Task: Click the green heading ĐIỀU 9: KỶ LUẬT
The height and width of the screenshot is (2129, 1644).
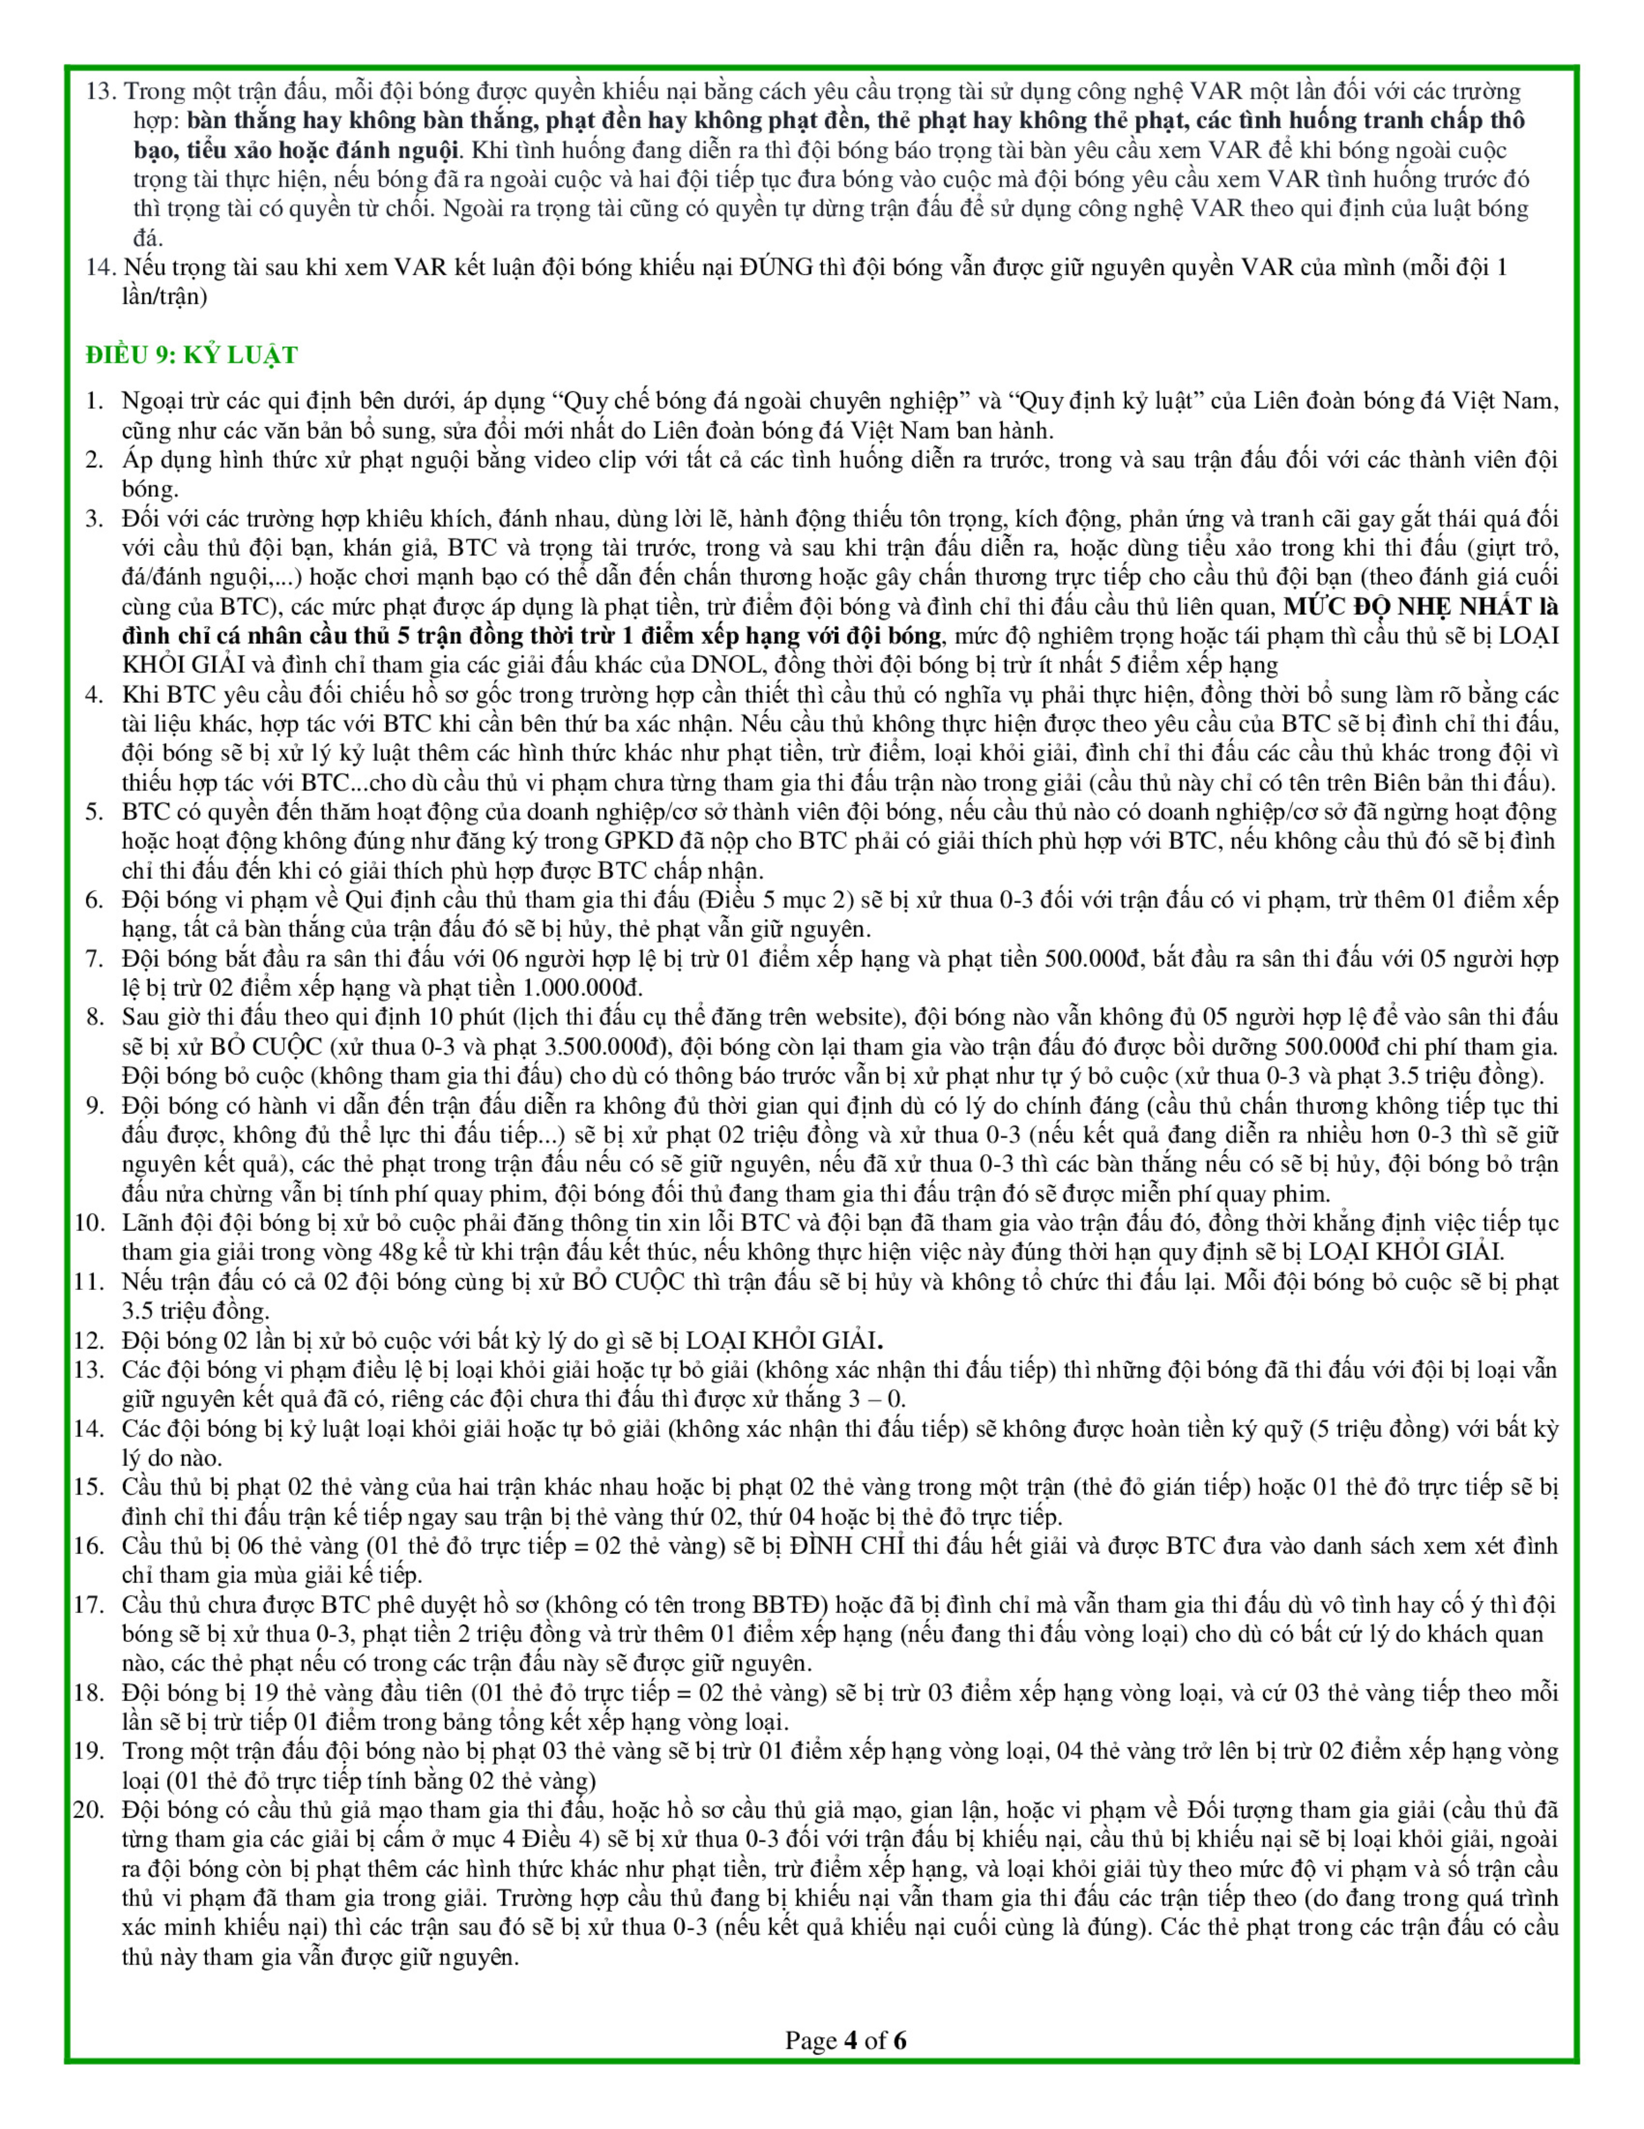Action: tap(191, 355)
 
